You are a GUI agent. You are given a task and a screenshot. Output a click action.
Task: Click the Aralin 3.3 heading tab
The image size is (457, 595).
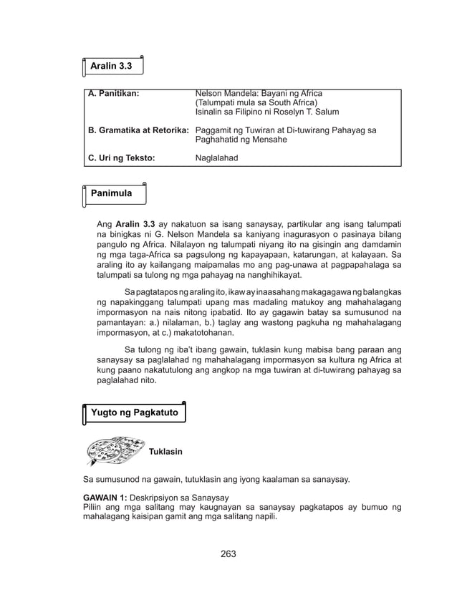pos(110,66)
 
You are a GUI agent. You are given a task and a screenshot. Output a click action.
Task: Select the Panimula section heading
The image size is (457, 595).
pos(111,193)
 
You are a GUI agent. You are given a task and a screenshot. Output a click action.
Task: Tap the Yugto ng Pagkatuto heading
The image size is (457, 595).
pos(134,412)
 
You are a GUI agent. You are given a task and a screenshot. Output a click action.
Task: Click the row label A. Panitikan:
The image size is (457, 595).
pos(113,94)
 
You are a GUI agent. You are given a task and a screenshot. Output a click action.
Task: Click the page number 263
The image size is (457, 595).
pos(228,554)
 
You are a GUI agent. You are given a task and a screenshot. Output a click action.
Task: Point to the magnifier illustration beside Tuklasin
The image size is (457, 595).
pos(113,449)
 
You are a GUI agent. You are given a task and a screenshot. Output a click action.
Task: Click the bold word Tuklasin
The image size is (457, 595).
pos(165,452)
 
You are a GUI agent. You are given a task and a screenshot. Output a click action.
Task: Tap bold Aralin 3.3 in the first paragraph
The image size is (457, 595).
pos(135,224)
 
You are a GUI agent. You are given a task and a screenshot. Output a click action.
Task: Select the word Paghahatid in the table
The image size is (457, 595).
pos(221,140)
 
